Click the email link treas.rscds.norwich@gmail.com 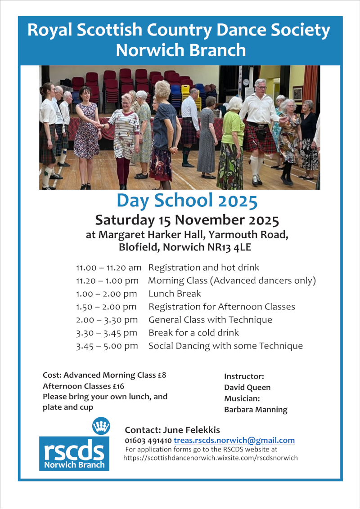(234, 441)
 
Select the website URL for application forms (211, 458)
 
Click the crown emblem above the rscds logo (101, 425)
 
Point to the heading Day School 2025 (187, 201)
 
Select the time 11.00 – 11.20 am (108, 268)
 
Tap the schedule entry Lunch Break (175, 294)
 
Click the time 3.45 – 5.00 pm (107, 346)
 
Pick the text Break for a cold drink (193, 333)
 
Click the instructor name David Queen (247, 387)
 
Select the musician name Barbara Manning (256, 410)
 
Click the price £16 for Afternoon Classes (119, 386)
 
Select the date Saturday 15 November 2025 (187, 220)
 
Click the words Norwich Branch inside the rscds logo (74, 464)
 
